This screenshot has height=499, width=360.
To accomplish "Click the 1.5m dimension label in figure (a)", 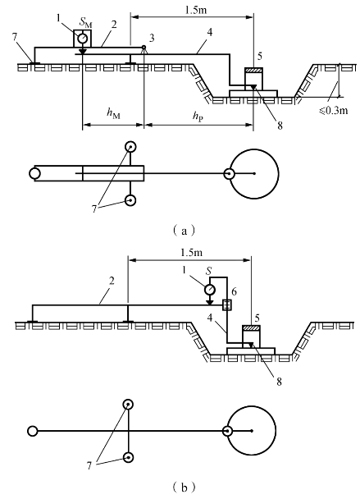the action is [196, 10].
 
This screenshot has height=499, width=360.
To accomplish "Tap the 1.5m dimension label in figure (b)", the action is [191, 252].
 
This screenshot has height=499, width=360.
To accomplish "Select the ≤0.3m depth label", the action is [333, 111].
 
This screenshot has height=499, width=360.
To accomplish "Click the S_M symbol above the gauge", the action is [86, 23].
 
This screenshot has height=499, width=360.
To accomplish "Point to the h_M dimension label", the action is [113, 113].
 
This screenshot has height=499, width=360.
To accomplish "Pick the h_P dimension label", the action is [198, 116].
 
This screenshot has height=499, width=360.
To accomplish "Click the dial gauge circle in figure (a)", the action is [83, 39].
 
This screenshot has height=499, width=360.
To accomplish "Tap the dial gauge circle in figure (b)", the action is [210, 290].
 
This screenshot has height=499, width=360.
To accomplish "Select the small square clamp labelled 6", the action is [227, 304].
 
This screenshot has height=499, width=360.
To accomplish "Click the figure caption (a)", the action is [184, 230].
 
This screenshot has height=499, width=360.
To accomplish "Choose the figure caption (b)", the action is [184, 488].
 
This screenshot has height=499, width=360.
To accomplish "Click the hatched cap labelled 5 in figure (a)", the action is [253, 71].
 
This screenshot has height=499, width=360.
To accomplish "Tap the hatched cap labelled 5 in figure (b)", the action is [251, 327].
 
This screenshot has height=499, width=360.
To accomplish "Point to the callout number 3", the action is [152, 39].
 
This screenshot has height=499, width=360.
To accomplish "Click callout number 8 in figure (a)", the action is [280, 126].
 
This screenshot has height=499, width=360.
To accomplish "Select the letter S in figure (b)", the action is [208, 271].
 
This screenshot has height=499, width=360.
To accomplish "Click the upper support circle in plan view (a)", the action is [130, 147].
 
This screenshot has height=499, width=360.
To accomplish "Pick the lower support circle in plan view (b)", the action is [128, 458].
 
